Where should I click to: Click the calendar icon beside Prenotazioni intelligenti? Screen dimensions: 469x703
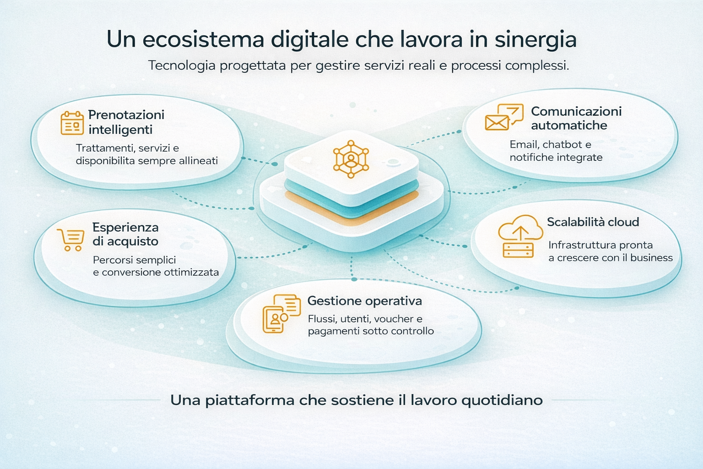coord(72,123)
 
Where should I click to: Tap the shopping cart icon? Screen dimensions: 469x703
coord(71,240)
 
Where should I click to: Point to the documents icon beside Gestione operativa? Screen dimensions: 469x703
coord(281,313)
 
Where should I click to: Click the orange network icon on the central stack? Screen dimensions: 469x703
coord(351,159)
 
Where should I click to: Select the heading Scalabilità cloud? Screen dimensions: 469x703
coord(593,222)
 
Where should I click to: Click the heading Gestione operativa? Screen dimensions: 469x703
coord(364,301)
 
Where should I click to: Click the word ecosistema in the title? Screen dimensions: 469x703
coord(203,39)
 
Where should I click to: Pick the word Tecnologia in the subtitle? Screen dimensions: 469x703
coord(182,65)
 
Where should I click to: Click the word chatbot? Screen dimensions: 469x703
coord(562,145)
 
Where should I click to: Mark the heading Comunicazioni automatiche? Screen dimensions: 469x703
coord(576,118)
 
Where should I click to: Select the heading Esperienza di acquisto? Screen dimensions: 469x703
coord(125,234)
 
